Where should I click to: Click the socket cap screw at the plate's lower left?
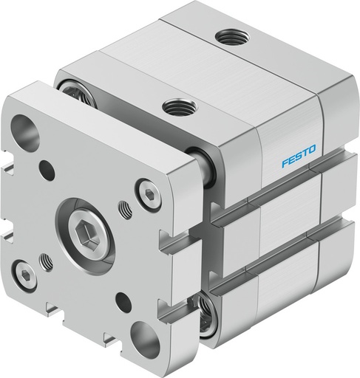pyautogui.click(x=27, y=275)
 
